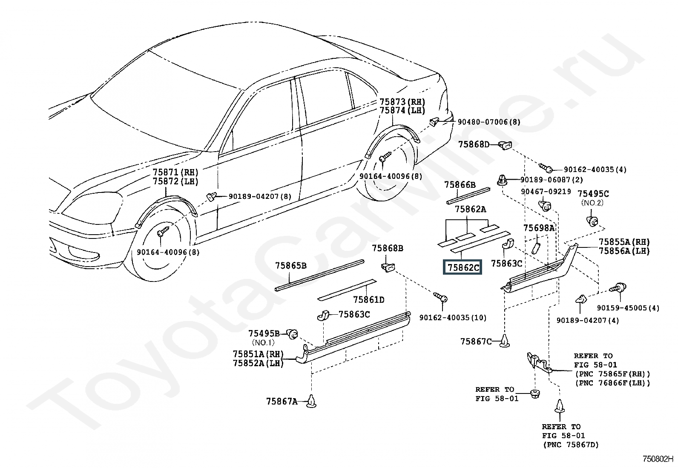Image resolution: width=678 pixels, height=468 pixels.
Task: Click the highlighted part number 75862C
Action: (462, 267)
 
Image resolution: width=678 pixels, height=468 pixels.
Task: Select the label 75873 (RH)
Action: (402, 102)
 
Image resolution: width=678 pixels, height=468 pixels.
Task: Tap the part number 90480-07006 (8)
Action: (489, 122)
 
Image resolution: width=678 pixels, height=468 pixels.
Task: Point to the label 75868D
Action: (474, 144)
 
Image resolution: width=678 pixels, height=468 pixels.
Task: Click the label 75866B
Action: (460, 185)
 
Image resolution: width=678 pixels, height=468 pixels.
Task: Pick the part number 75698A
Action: (539, 228)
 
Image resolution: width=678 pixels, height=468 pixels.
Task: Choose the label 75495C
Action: (593, 193)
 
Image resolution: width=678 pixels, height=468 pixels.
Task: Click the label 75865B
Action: (291, 265)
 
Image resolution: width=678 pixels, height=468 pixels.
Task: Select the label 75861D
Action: (369, 299)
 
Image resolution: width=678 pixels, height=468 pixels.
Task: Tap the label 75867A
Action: (282, 402)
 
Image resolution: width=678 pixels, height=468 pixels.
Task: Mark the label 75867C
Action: (476, 342)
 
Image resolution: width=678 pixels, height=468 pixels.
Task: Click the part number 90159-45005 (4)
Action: (628, 308)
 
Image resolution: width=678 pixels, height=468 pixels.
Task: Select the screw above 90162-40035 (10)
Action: (440, 297)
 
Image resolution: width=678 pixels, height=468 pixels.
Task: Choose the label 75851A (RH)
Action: (258, 354)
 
